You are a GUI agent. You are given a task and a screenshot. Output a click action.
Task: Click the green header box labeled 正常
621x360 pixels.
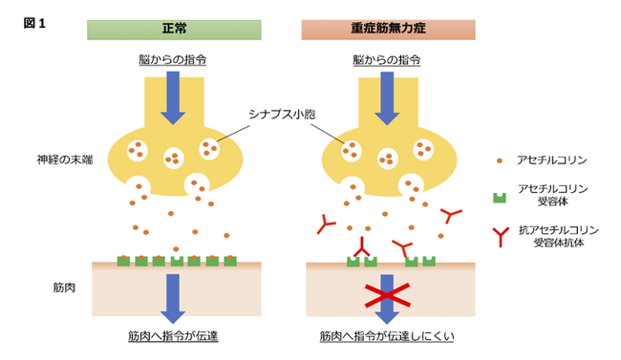tap(174, 30)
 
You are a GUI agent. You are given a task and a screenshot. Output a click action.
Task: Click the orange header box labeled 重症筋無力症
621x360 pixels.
tap(388, 30)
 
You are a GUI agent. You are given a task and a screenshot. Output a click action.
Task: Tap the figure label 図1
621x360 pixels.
tap(34, 23)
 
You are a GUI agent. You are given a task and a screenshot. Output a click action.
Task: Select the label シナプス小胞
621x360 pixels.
tap(282, 115)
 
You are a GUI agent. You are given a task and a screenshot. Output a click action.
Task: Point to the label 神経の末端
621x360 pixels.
tap(65, 159)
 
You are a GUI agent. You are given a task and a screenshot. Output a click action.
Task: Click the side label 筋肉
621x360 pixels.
tap(64, 287)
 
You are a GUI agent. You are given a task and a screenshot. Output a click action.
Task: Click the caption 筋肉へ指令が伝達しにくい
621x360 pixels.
tap(387, 336)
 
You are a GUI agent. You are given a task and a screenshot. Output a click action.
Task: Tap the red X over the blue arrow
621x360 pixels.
tap(387, 295)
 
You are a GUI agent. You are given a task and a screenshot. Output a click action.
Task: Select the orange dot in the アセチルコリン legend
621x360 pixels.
tap(500, 160)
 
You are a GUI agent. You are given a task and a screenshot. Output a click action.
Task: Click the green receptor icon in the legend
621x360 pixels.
tap(500, 198)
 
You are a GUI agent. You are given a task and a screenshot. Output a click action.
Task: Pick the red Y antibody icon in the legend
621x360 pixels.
tap(501, 237)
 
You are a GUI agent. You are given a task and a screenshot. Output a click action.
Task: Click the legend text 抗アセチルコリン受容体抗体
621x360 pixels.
tap(559, 236)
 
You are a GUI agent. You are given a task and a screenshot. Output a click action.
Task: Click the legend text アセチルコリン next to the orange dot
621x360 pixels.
tap(551, 160)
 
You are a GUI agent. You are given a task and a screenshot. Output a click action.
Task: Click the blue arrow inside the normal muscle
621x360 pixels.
tap(173, 299)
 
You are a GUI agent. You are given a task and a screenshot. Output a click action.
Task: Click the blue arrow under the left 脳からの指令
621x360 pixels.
tap(173, 98)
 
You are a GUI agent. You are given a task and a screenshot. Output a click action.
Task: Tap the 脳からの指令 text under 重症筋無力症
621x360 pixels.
tap(387, 60)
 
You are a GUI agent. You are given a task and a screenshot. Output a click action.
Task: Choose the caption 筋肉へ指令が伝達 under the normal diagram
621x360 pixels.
tap(173, 336)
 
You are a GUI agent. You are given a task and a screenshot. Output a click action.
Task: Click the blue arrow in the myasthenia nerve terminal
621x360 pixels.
tap(387, 98)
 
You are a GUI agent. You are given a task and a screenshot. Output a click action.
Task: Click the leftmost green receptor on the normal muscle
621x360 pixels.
tap(123, 261)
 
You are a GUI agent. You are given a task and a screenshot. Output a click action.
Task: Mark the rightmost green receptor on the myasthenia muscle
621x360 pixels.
tap(429, 262)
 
